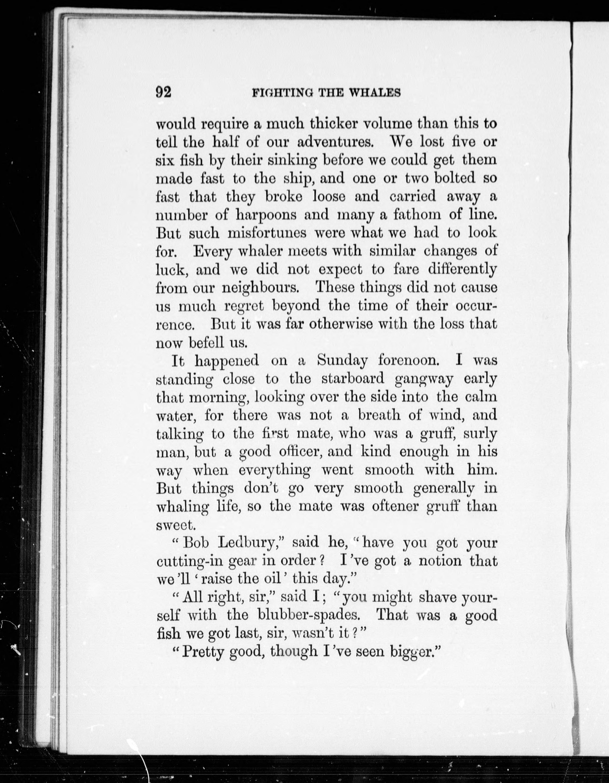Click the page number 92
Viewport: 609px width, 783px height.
[x=164, y=92]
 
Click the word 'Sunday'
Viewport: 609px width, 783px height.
[x=342, y=361]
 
